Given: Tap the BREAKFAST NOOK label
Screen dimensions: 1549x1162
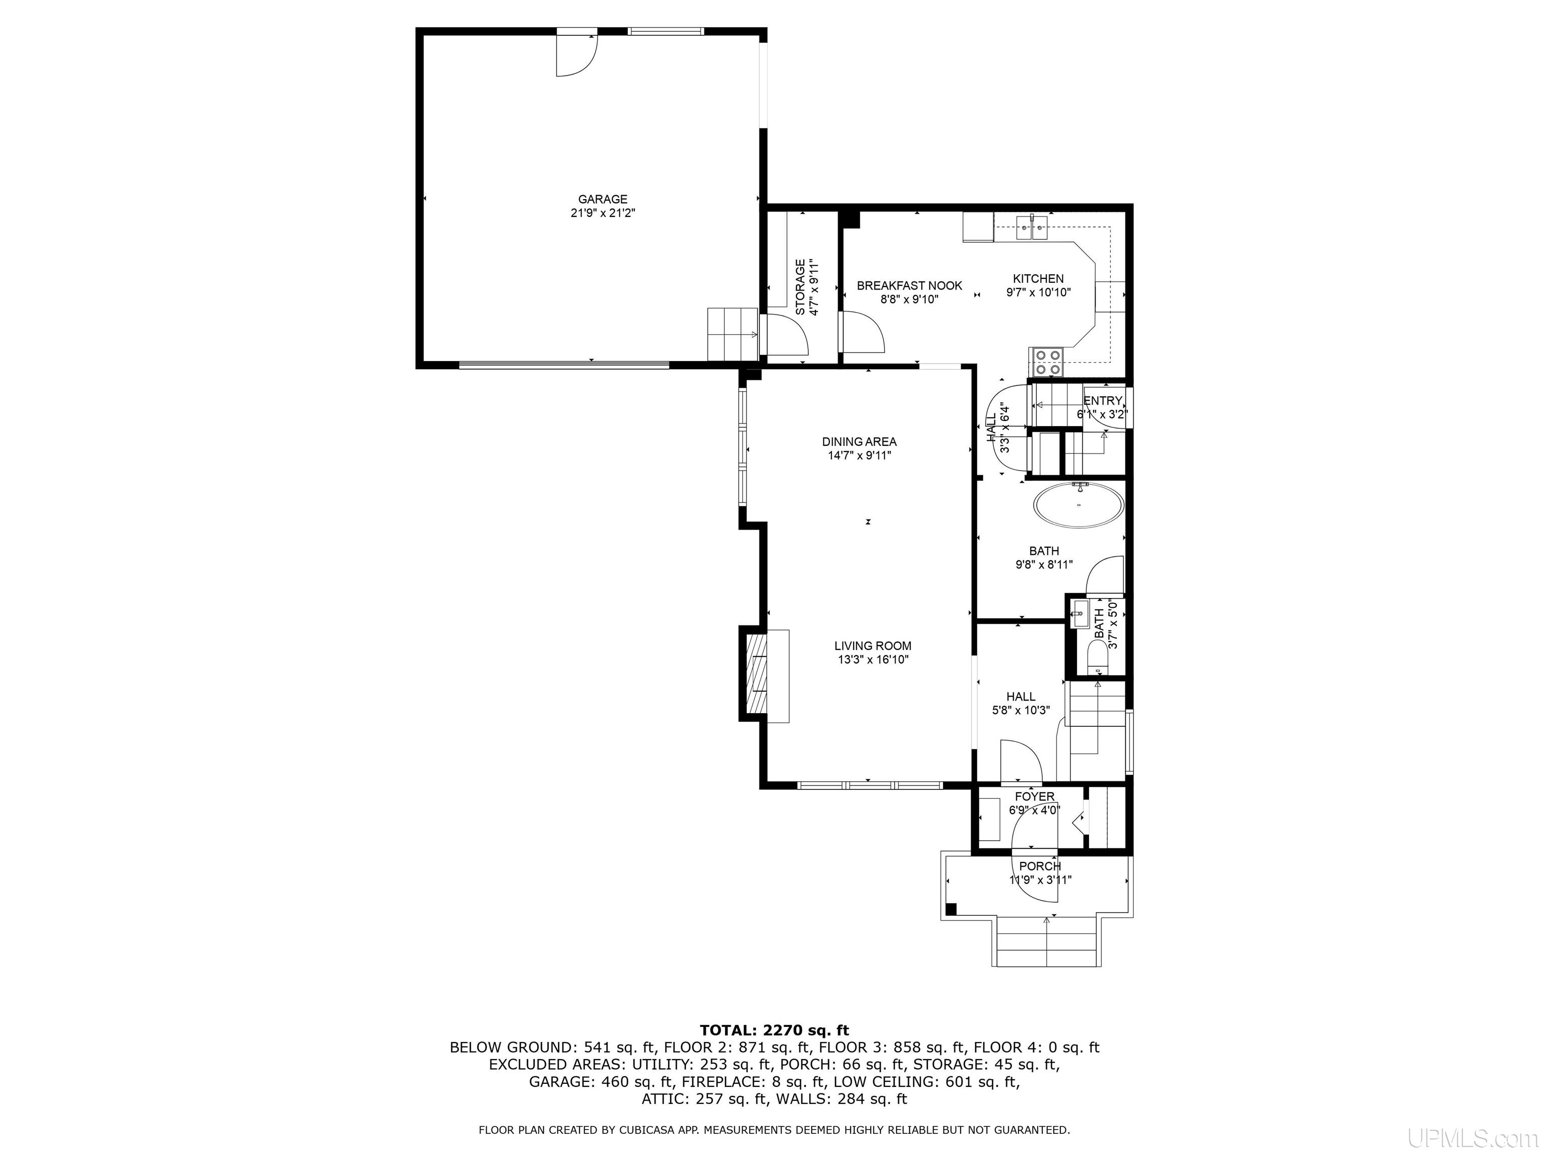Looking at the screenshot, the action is click(x=909, y=286).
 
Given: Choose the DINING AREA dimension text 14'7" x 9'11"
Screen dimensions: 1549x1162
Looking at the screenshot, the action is click(x=859, y=455).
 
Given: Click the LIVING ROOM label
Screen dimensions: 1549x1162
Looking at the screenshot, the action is click(x=872, y=646).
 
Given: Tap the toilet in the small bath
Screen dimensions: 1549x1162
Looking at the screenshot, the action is click(x=1097, y=658).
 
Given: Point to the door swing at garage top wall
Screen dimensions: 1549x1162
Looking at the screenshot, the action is click(x=576, y=54).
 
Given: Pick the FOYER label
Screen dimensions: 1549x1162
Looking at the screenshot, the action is click(x=1034, y=797).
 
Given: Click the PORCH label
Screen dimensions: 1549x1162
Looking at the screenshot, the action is click(x=1040, y=866).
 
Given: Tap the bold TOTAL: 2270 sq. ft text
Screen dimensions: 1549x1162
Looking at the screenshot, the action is click(x=774, y=1030).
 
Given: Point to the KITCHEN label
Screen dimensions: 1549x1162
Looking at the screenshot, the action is click(x=1038, y=279).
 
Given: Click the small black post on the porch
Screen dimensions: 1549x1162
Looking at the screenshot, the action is click(x=951, y=909).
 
